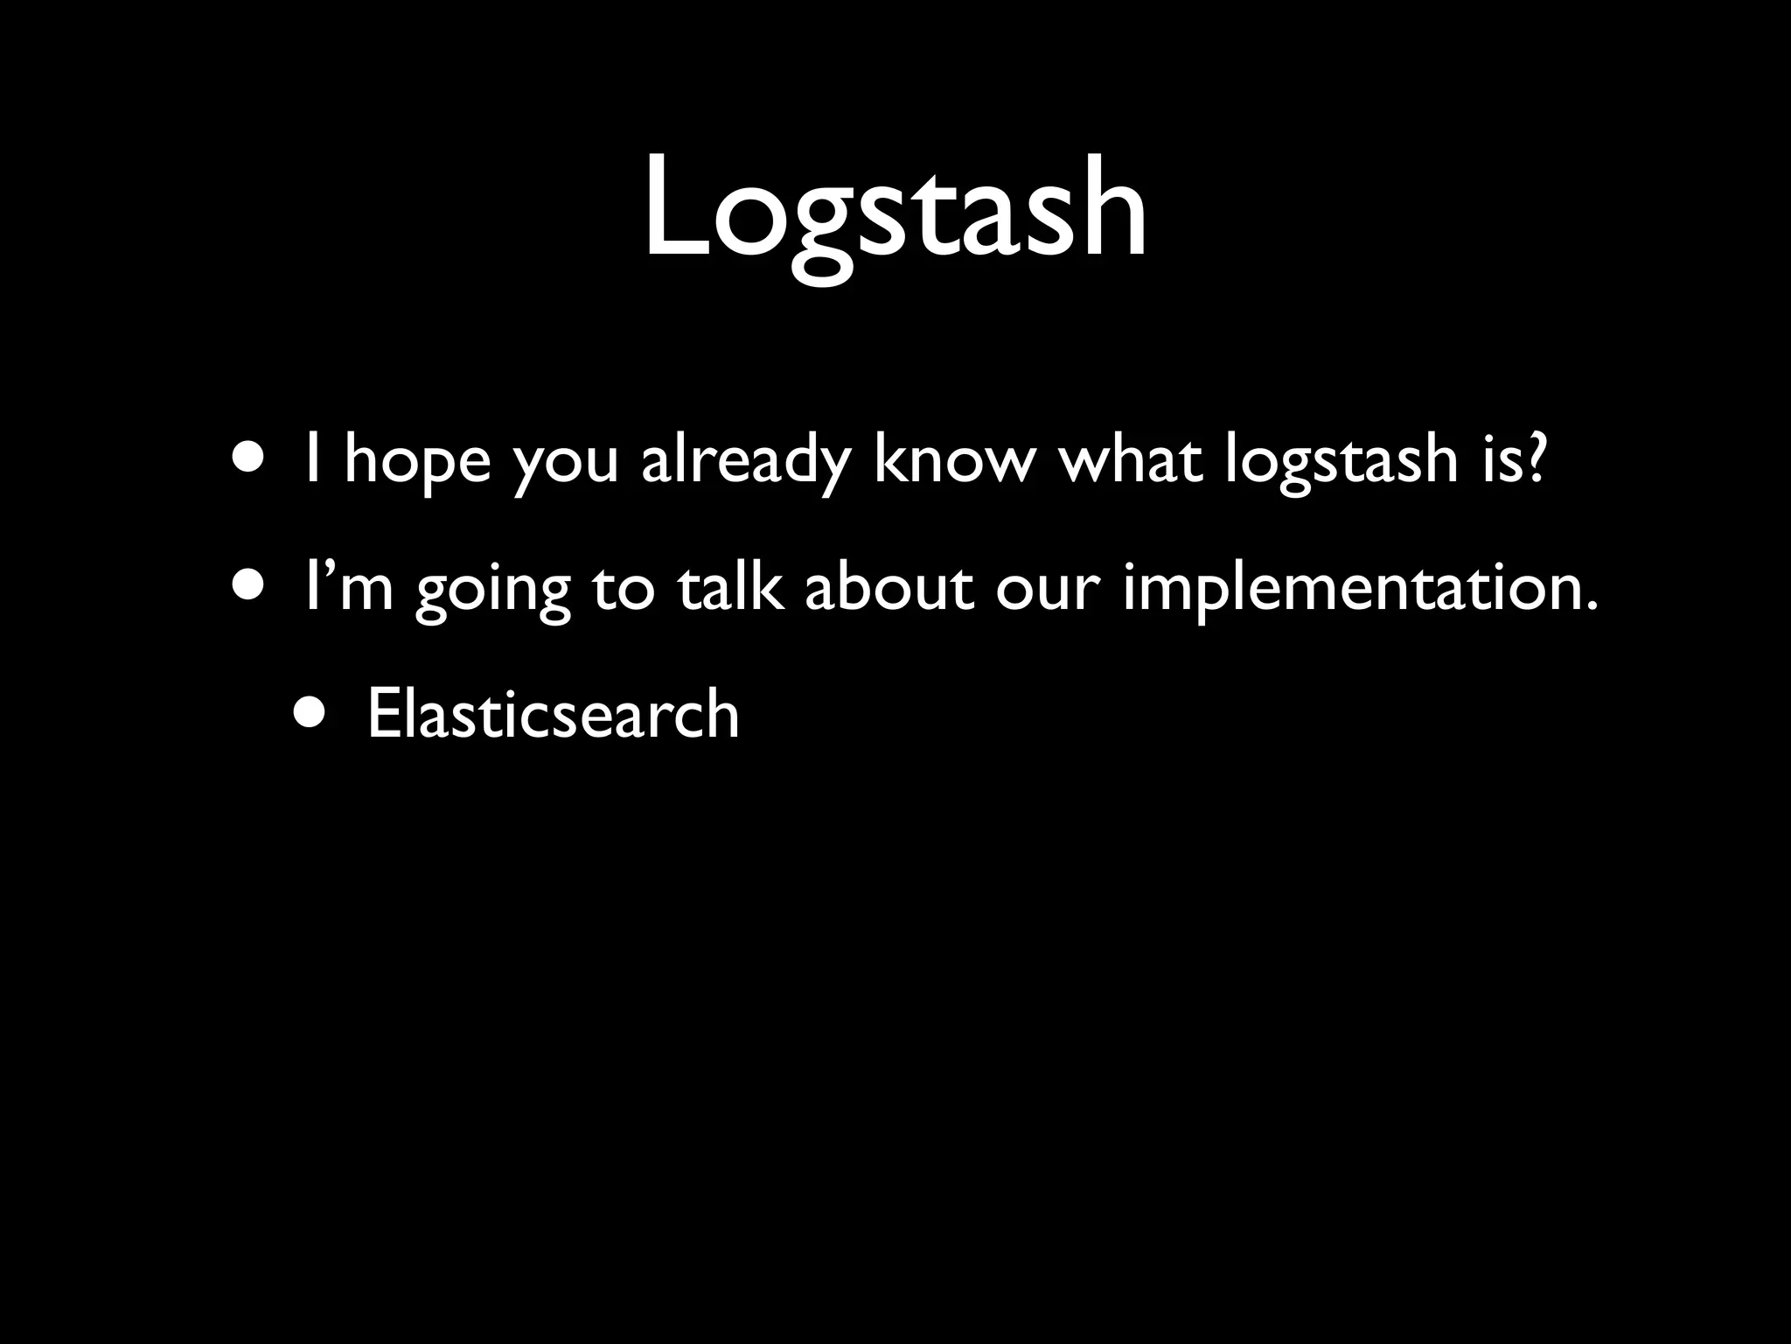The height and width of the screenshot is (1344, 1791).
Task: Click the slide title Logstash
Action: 895,210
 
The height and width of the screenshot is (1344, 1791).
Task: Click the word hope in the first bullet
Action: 417,461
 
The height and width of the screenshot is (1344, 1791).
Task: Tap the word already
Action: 745,461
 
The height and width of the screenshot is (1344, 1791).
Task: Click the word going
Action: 492,590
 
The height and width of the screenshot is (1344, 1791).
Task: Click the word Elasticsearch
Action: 553,714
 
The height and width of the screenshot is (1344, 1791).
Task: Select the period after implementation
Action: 1590,605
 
